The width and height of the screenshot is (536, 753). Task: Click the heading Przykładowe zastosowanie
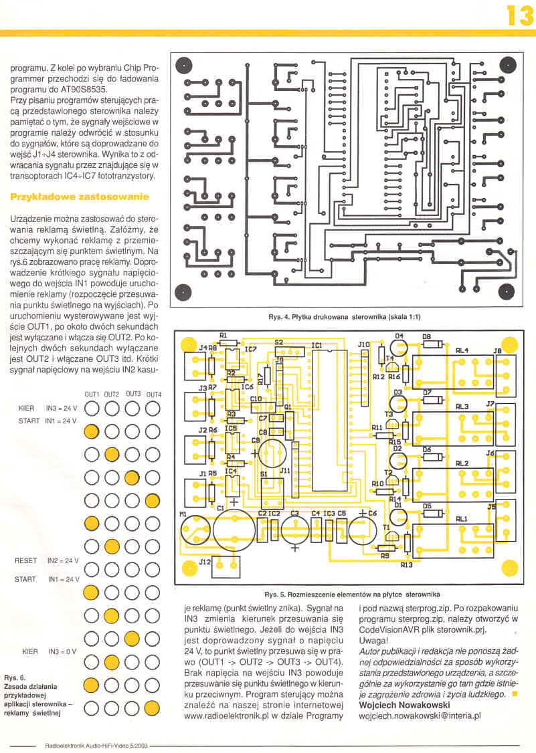pos(78,197)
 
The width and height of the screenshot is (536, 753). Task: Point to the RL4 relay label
pos(462,350)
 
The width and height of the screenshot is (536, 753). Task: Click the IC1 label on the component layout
pos(317,346)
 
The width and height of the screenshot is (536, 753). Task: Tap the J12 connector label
pos(206,563)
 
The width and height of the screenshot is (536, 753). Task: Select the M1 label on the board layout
pos(183,514)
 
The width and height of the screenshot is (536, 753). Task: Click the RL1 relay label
pos(462,519)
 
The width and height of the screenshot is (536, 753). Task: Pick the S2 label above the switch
pos(278,342)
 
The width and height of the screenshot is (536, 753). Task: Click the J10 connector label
pos(363,345)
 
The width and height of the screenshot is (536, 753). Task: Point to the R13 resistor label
pos(406,565)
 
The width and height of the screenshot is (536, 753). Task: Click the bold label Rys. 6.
pos(14,677)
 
